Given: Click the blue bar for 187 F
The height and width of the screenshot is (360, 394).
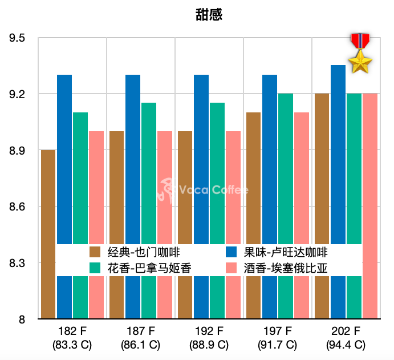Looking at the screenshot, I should click(133, 160).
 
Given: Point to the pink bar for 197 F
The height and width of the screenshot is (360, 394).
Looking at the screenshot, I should click(302, 177).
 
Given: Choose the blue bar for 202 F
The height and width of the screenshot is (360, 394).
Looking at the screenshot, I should click(338, 154).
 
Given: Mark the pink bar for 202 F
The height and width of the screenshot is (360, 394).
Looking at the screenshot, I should click(370, 171).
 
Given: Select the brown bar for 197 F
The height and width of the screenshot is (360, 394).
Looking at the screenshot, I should click(254, 177).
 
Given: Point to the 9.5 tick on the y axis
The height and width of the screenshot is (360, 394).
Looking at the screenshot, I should click(18, 38).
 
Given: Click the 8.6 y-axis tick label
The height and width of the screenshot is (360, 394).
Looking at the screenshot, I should click(18, 207).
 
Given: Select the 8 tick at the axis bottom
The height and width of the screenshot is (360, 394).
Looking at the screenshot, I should click(22, 319).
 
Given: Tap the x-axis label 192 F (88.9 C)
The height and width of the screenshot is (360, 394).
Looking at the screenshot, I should click(209, 338).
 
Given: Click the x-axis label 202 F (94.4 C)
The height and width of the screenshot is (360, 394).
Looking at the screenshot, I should click(346, 338).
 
